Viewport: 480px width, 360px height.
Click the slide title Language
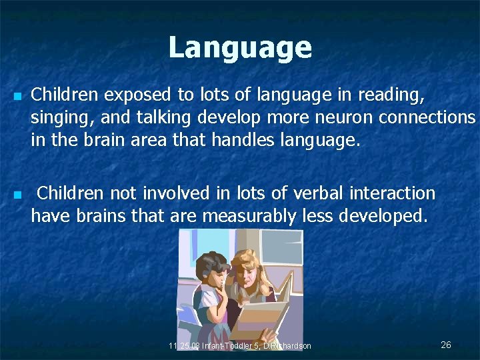coord(239,47)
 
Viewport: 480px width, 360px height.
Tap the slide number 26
coord(446,345)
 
